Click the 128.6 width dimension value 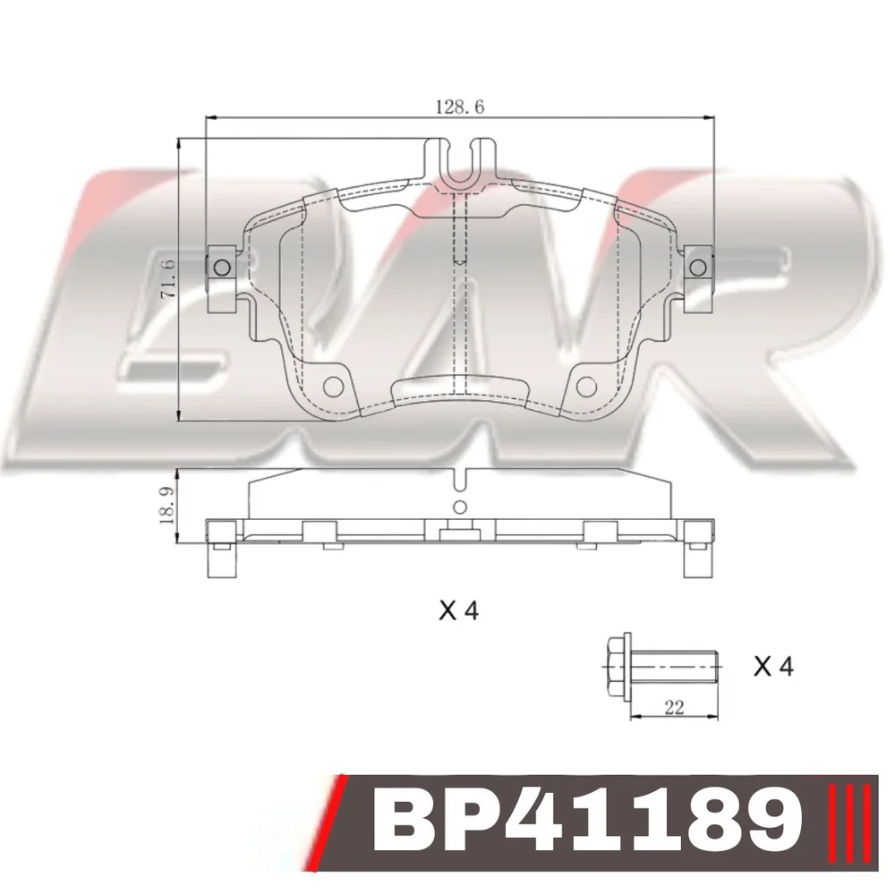click(x=459, y=107)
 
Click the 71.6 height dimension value click(x=169, y=278)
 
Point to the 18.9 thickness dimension click(x=169, y=506)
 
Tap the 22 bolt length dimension click(x=675, y=708)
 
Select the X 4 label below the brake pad click(x=459, y=611)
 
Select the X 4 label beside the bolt click(x=773, y=666)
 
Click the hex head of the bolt click(x=618, y=666)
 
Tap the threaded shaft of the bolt click(x=674, y=666)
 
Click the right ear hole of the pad click(x=697, y=268)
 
